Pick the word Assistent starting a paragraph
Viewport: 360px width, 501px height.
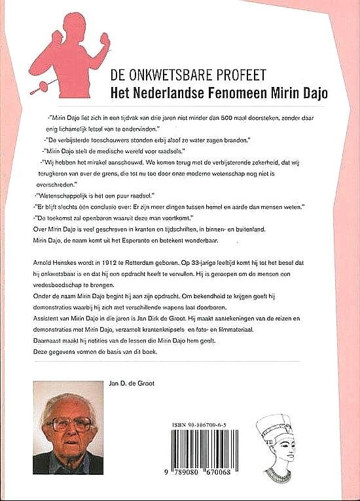click(48, 317)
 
